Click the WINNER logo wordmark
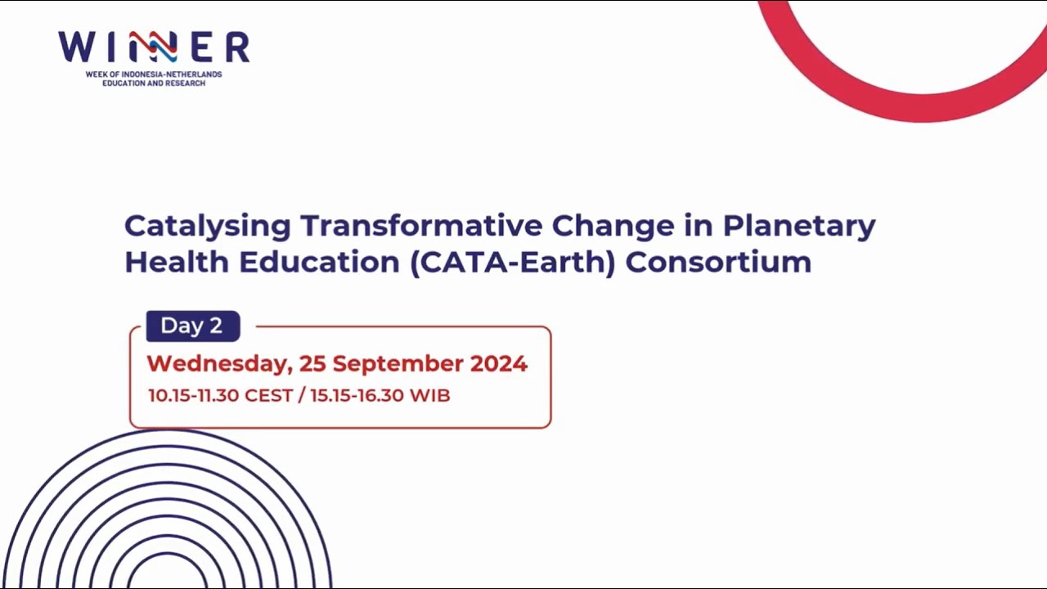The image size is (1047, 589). click(154, 47)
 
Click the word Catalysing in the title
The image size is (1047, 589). click(208, 227)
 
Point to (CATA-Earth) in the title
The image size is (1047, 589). click(512, 263)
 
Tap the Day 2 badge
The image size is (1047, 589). click(192, 326)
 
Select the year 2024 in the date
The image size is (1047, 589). click(498, 363)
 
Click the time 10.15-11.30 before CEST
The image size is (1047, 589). click(193, 395)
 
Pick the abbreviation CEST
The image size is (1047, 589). click(268, 395)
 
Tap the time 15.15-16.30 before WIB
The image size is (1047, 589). click(357, 395)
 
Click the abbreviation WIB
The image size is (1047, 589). click(429, 395)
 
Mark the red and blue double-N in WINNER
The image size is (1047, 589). click(152, 47)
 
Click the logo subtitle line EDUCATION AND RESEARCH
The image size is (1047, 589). click(154, 83)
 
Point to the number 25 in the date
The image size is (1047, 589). click(312, 363)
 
